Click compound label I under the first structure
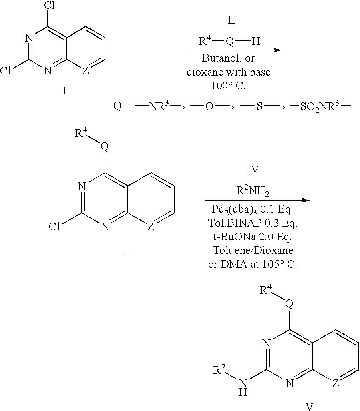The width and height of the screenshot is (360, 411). [64, 91]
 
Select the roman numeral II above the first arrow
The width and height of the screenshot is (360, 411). [231, 20]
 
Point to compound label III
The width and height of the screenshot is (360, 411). [129, 251]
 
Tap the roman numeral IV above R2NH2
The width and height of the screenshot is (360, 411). [253, 170]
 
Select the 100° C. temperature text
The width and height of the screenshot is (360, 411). [229, 86]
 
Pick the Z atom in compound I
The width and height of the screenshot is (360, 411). [86, 70]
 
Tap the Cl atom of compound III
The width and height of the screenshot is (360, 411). [54, 226]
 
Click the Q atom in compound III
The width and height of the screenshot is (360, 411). [105, 147]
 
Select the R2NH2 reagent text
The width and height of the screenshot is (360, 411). [253, 190]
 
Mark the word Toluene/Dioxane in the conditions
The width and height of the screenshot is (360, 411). [253, 250]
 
